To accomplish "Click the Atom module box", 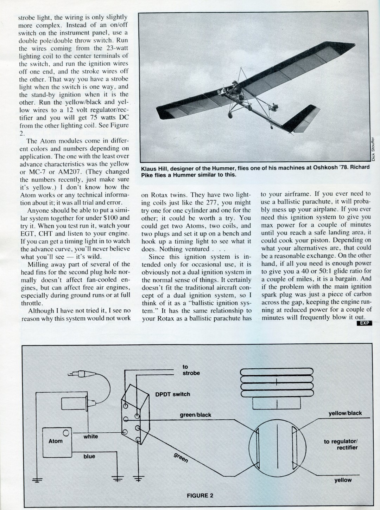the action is pos(57,443).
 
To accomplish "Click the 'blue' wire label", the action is pos(89,456).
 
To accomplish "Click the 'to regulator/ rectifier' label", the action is pos(341,445).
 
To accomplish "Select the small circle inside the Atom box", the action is pos(66,433).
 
